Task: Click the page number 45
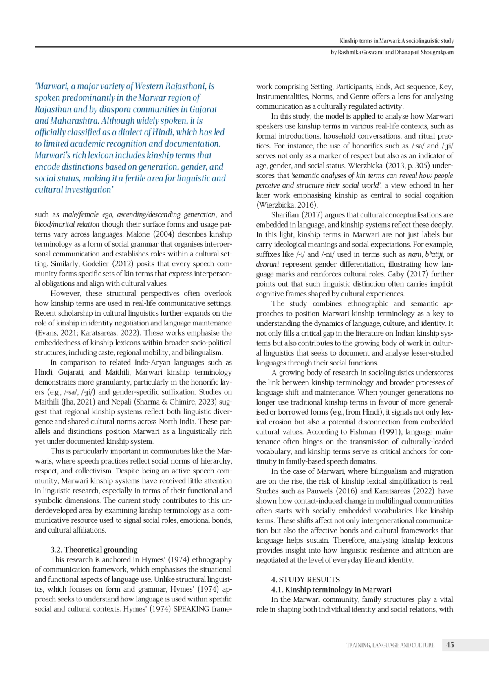click(450, 645)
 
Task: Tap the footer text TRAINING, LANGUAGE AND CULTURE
click(390, 645)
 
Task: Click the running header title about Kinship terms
click(396, 41)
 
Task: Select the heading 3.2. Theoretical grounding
click(94, 550)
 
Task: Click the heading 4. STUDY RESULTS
click(305, 579)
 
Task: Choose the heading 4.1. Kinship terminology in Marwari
click(331, 590)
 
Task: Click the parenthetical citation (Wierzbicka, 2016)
click(286, 205)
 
